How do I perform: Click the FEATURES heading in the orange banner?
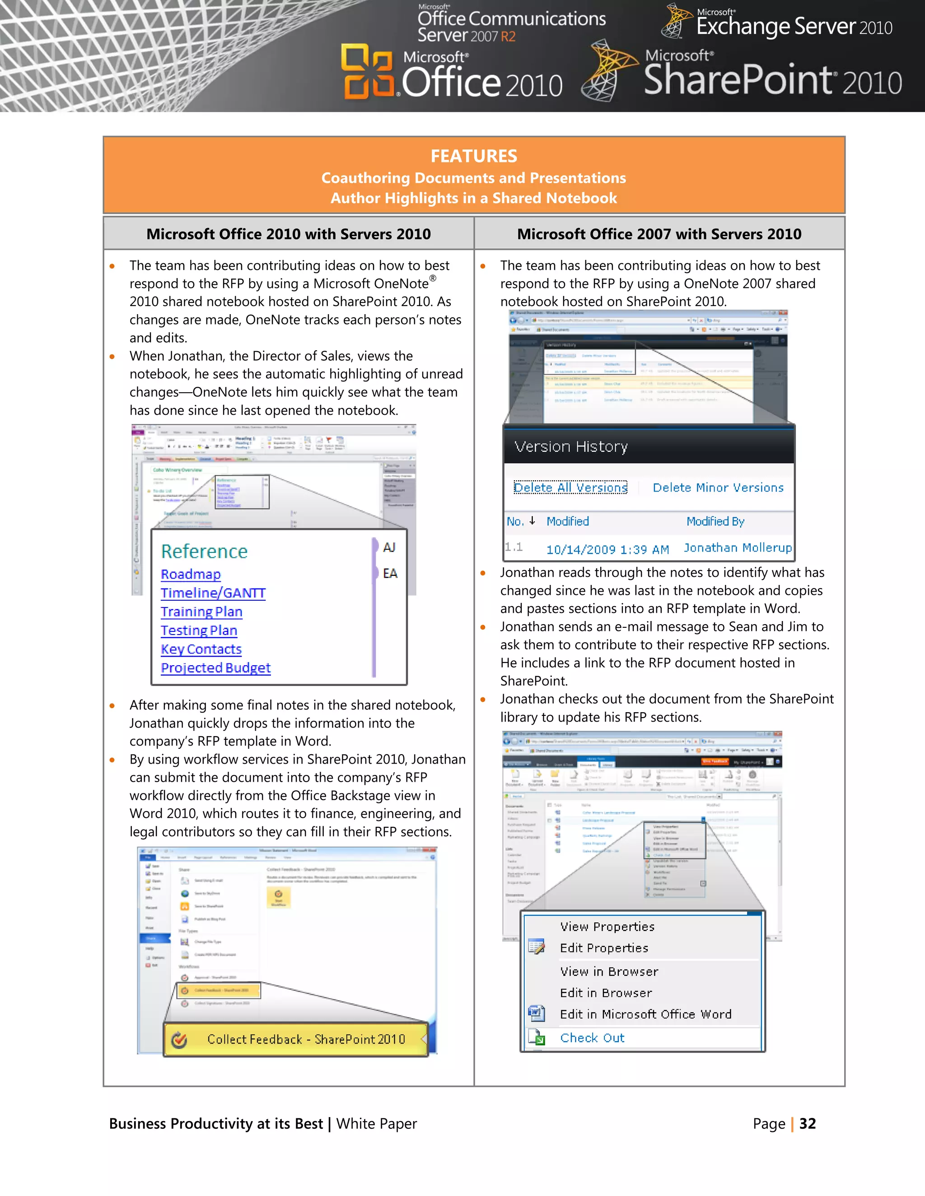(473, 156)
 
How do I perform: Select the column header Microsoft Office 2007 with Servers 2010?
(659, 234)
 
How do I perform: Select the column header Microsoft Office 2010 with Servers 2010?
(288, 234)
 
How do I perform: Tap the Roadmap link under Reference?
(191, 574)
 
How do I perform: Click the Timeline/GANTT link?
(213, 593)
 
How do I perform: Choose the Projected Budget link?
(215, 668)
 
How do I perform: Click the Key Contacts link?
(201, 649)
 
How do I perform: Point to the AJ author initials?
(389, 547)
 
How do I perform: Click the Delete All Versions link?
(570, 487)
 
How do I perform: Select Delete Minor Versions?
(718, 487)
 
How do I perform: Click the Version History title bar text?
(571, 447)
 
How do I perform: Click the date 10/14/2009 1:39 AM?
(607, 549)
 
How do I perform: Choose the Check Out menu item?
(592, 1038)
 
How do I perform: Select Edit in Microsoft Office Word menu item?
(645, 1014)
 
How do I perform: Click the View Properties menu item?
(607, 927)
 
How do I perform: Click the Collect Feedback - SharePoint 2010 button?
(306, 1039)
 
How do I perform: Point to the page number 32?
(807, 1124)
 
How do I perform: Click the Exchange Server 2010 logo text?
(794, 26)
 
